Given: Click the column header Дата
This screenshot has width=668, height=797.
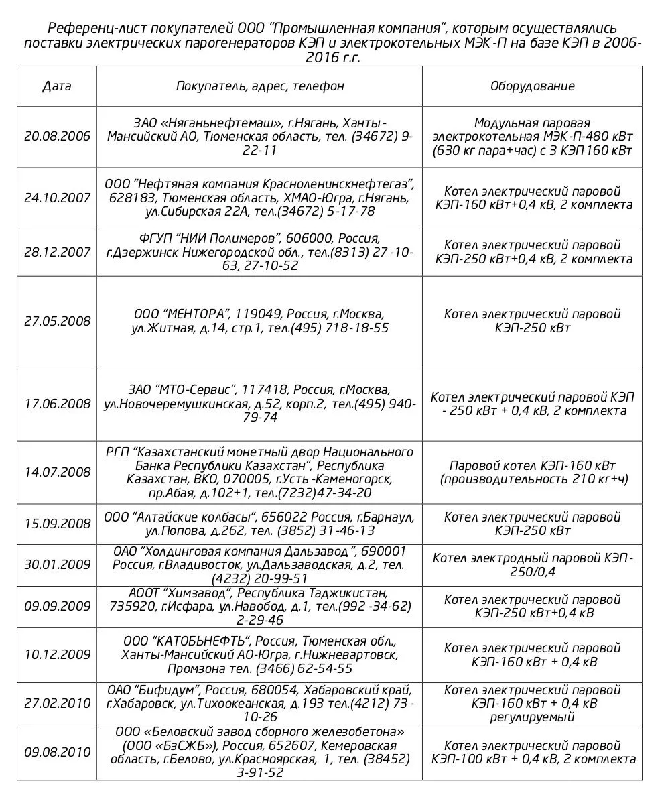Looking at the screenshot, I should [x=57, y=86].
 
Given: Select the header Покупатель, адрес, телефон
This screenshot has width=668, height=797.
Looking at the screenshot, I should [x=260, y=86].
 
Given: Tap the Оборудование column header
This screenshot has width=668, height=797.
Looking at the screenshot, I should [x=532, y=86].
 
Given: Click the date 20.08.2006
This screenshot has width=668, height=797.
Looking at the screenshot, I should [x=57, y=136].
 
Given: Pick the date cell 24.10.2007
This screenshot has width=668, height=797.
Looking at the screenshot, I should [x=57, y=198].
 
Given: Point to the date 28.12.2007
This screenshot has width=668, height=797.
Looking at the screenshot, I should [x=57, y=252].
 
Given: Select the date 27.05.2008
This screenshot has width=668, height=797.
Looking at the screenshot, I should [x=57, y=321].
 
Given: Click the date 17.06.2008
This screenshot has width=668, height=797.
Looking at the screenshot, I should [x=57, y=404].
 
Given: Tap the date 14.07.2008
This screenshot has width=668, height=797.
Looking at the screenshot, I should [x=57, y=472].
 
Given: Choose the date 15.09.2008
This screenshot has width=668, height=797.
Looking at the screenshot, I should [x=57, y=524].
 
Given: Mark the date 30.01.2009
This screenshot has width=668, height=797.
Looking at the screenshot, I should [x=57, y=564].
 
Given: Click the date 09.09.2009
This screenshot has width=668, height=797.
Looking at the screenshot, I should [x=57, y=606].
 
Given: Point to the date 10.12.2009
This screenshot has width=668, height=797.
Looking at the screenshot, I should [x=57, y=655].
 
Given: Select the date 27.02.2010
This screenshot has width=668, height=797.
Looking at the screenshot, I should [x=57, y=703].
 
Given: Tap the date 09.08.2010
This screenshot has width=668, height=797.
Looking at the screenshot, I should [x=57, y=752].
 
